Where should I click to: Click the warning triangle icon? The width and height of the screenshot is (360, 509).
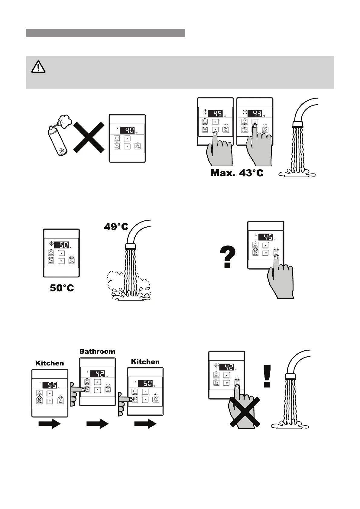pyautogui.click(x=38, y=67)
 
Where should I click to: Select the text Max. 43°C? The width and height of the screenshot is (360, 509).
pyautogui.click(x=237, y=173)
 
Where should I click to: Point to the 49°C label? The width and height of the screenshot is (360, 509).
pyautogui.click(x=116, y=226)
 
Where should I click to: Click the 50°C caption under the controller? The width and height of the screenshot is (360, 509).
pyautogui.click(x=62, y=288)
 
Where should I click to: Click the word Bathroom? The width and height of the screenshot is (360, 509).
pyautogui.click(x=97, y=351)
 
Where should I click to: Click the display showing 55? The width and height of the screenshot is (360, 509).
pyautogui.click(x=50, y=385)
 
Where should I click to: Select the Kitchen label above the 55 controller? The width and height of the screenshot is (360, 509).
pyautogui.click(x=50, y=363)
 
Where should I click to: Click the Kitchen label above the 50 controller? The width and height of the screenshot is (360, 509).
pyautogui.click(x=145, y=362)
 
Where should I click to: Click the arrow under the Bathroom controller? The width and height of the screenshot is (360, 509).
pyautogui.click(x=97, y=424)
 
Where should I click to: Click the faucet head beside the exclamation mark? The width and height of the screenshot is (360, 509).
pyautogui.click(x=290, y=376)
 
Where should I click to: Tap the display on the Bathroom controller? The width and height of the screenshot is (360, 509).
pyautogui.click(x=97, y=374)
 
